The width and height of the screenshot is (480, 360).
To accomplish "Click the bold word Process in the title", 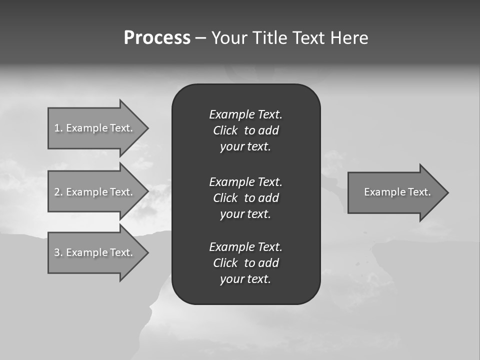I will click(x=157, y=38).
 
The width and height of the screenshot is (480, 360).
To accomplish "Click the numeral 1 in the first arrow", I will click(x=57, y=128).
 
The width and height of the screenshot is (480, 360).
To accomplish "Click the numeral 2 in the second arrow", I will click(x=57, y=192).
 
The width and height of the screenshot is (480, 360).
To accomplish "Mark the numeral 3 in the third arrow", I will click(x=57, y=252).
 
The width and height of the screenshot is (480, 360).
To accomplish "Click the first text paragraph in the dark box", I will click(x=245, y=130).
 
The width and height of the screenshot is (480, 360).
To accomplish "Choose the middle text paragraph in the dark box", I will click(x=245, y=198).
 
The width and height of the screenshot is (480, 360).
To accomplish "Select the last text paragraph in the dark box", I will click(x=245, y=263).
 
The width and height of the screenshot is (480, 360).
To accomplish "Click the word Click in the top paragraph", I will click(x=225, y=130).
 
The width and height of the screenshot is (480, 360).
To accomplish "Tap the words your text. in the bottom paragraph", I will click(x=245, y=279).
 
